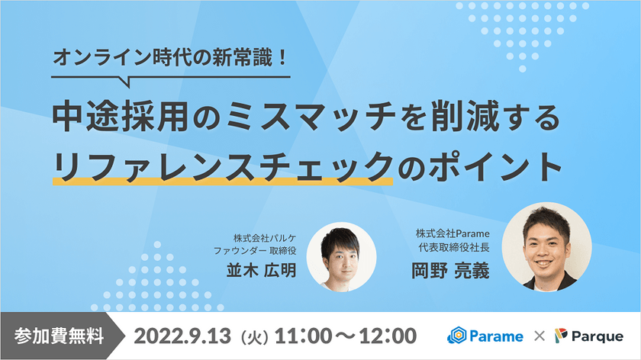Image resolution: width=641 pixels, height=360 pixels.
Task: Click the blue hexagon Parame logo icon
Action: click(x=457, y=336)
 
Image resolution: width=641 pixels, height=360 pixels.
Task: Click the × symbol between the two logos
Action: click(x=539, y=336)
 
